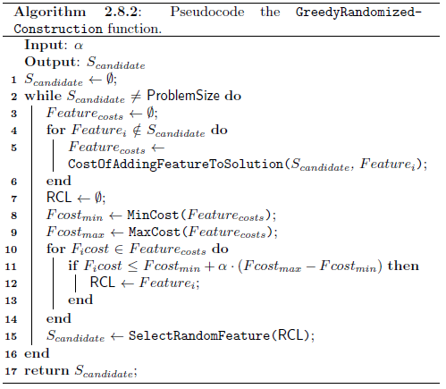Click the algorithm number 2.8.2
[122, 12]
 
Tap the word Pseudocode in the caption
[207, 12]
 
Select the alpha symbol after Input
[79, 46]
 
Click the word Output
[53, 62]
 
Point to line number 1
[13, 80]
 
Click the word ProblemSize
[183, 96]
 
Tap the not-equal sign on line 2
[136, 97]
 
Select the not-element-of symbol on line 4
[137, 131]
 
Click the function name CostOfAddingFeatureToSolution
[175, 164]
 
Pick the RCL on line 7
[59, 198]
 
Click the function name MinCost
[153, 215]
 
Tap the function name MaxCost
[154, 232]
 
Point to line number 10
[11, 249]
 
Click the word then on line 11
[403, 266]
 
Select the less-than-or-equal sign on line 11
[132, 266]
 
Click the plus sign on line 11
[209, 266]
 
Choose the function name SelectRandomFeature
[199, 335]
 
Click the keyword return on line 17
[47, 370]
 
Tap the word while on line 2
[43, 96]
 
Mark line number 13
[11, 300]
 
